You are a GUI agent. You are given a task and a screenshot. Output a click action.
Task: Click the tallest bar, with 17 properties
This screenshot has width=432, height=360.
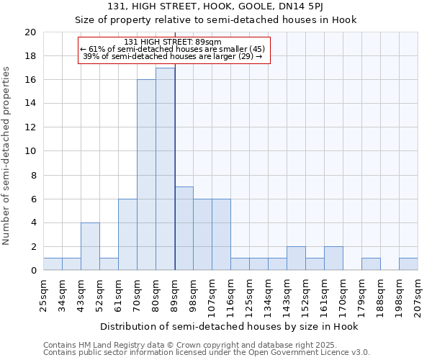pyautogui.click(x=165, y=169)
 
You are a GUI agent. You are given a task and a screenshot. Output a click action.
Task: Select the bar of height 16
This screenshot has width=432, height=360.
pyautogui.click(x=146, y=175)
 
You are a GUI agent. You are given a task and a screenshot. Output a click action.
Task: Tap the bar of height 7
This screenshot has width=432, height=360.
pyautogui.click(x=184, y=228)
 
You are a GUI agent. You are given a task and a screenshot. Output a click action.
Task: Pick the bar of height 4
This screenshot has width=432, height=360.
pyautogui.click(x=90, y=246)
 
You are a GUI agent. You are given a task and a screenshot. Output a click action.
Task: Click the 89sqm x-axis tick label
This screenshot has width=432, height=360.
pyautogui.click(x=175, y=293)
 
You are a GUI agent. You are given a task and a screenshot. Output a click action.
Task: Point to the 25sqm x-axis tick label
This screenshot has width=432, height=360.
pyautogui.click(x=44, y=293)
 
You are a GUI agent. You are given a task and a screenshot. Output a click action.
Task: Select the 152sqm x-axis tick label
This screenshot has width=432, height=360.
pyautogui.click(x=306, y=294)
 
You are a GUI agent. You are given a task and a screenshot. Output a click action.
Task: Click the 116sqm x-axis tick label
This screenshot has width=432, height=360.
pyautogui.click(x=231, y=294)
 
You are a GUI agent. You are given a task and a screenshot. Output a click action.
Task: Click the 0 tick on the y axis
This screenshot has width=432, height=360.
pyautogui.click(x=33, y=271)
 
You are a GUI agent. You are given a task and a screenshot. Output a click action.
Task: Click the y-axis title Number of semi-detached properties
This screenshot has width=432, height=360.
pyautogui.click(x=7, y=156)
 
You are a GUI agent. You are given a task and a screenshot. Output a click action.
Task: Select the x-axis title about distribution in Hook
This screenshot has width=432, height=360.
pyautogui.click(x=229, y=326)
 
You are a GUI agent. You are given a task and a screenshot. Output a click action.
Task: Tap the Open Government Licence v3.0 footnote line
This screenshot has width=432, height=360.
pyautogui.click(x=206, y=353)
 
